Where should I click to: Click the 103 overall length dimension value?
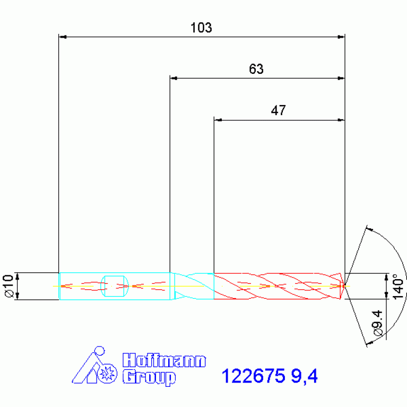pyautogui.click(x=201, y=28)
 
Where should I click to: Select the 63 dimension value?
pyautogui.click(x=256, y=69)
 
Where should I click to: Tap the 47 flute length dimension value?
pyautogui.click(x=278, y=110)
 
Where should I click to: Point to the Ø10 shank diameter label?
pyautogui.click(x=8, y=286)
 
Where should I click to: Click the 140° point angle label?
pyautogui.click(x=398, y=287)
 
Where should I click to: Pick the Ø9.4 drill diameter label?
pyautogui.click(x=378, y=323)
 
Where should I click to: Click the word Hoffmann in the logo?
pyautogui.click(x=164, y=360)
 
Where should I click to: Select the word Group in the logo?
pyautogui.click(x=149, y=378)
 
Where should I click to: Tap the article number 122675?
pyautogui.click(x=253, y=376)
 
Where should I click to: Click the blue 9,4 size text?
pyautogui.click(x=304, y=376)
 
